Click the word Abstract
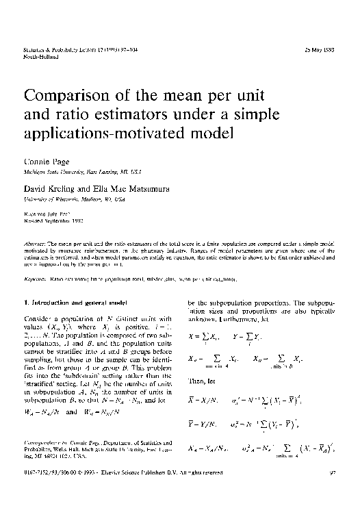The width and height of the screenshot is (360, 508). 35,242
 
